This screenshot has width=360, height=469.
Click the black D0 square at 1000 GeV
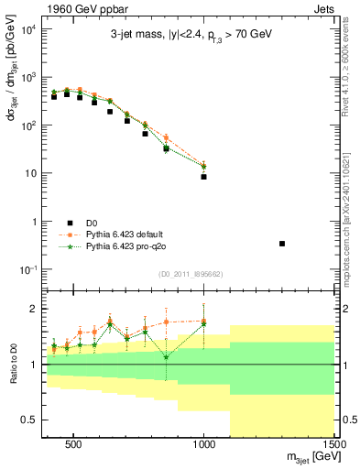click(203, 177)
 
